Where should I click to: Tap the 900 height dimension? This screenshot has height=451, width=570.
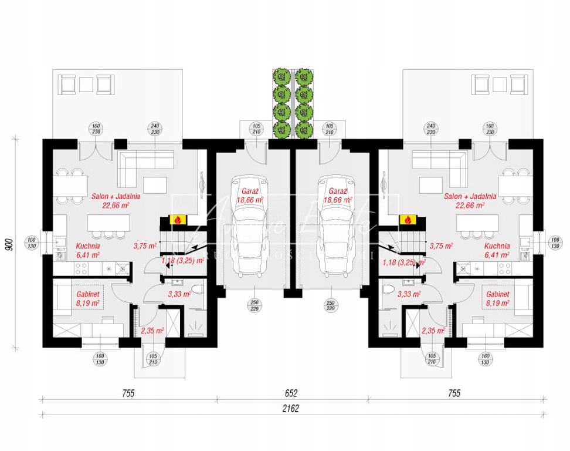click(x=10, y=245)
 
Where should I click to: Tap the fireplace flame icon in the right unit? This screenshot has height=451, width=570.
click(x=405, y=220)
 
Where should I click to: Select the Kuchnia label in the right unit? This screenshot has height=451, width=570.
click(x=497, y=247)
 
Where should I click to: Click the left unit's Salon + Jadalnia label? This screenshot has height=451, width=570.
click(x=116, y=197)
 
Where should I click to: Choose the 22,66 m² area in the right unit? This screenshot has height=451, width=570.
click(x=470, y=206)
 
